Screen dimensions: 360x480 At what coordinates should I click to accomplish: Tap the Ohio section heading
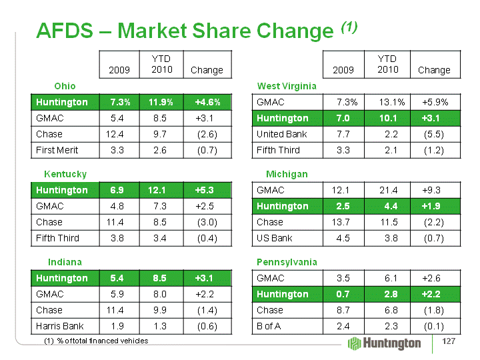point(65,86)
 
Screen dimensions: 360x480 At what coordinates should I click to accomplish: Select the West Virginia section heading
point(287,86)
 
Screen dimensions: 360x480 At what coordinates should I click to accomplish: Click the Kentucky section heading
point(65,174)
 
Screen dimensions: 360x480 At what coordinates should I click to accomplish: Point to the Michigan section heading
point(287,174)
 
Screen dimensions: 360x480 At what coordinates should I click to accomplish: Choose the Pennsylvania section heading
point(287,261)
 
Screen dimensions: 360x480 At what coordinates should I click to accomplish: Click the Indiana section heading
point(65,261)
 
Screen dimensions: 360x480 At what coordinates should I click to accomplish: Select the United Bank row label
point(281,134)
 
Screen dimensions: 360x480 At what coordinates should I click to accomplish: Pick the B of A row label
point(270,326)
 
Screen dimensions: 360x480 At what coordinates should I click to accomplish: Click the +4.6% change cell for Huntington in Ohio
point(207,102)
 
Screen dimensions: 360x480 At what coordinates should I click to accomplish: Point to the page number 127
point(449,342)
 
